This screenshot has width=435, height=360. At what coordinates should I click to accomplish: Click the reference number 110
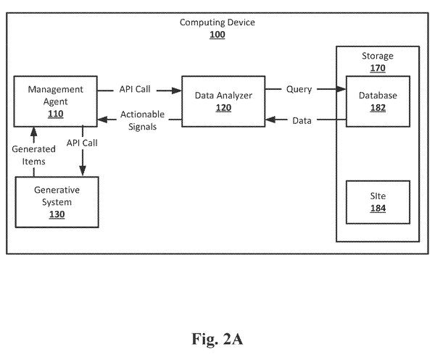(x=56, y=114)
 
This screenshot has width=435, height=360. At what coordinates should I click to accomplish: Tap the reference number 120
(x=223, y=108)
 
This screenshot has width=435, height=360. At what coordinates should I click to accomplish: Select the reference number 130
(x=57, y=214)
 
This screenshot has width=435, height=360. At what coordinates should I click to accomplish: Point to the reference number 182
(x=378, y=108)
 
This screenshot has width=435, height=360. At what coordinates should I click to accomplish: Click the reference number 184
(x=378, y=209)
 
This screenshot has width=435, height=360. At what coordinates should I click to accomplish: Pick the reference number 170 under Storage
(x=378, y=68)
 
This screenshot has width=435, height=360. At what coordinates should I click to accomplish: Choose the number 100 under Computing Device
(x=217, y=35)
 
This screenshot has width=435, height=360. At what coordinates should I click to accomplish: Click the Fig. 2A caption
(x=217, y=339)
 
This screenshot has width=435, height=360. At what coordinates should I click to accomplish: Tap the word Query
(x=299, y=89)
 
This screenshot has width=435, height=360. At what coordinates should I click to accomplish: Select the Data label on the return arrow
(x=302, y=120)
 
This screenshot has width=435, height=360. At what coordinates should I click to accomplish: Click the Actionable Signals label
(x=142, y=120)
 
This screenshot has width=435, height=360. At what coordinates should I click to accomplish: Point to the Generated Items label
(x=33, y=155)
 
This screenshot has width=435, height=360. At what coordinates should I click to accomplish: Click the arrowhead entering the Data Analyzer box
(x=176, y=91)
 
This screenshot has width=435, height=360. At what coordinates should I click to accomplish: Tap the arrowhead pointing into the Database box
(x=341, y=89)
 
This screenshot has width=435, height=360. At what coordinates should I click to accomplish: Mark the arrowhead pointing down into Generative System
(x=83, y=170)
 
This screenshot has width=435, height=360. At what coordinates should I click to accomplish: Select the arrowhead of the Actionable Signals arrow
(x=103, y=120)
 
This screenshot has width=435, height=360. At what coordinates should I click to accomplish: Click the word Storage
(x=378, y=56)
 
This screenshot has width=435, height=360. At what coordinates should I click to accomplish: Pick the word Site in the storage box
(x=378, y=196)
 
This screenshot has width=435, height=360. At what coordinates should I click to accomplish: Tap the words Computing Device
(x=217, y=22)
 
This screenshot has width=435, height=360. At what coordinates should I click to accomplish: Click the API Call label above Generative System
(x=82, y=143)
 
